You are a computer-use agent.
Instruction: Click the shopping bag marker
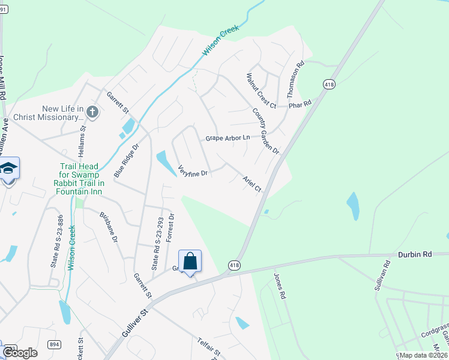[190, 262]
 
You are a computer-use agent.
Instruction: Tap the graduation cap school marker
[8, 169]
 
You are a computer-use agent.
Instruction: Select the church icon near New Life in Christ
[92, 111]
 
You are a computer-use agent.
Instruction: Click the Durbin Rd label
[415, 254]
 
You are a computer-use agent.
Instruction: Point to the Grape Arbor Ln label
[227, 138]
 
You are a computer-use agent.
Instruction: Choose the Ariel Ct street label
[252, 184]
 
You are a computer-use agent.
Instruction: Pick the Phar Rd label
[300, 104]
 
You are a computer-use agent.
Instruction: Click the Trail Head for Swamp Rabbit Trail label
[83, 179]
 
